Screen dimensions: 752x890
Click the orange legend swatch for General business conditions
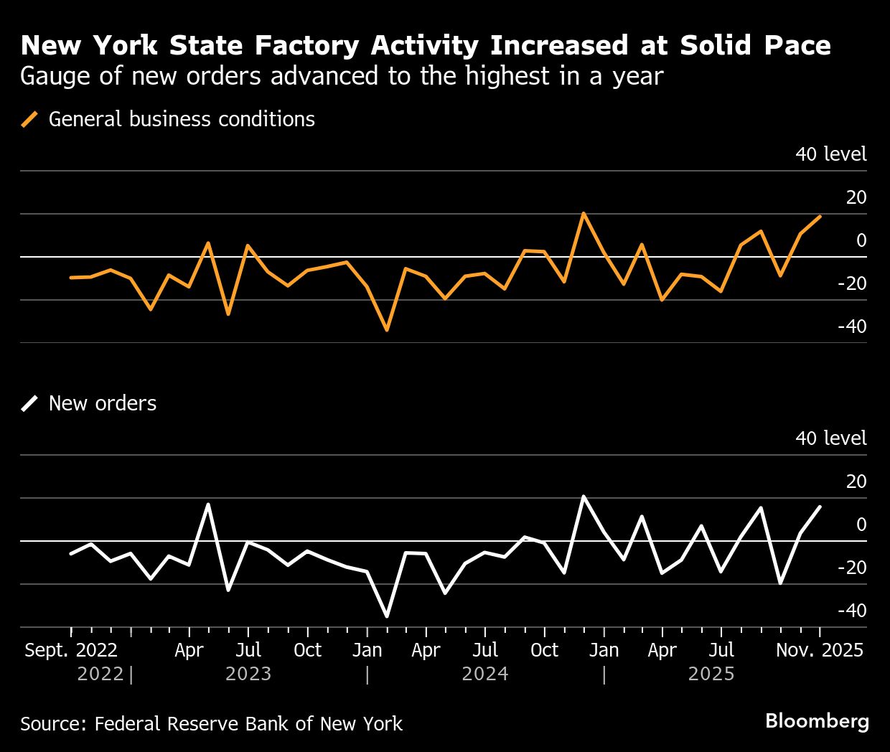(30, 119)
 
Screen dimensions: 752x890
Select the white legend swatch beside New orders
(30, 403)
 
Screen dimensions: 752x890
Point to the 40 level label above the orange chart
(830, 154)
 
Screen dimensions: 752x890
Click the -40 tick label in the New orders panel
(851, 611)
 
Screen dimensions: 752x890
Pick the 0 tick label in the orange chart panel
(861, 240)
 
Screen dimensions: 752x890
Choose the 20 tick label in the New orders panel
(856, 481)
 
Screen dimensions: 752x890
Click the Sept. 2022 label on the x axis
(71, 650)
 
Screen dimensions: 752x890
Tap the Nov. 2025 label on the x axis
(820, 650)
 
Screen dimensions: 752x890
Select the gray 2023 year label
(248, 675)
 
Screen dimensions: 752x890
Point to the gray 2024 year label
(485, 675)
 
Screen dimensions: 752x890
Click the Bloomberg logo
(817, 721)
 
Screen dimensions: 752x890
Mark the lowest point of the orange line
(387, 330)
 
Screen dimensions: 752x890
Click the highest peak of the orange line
(584, 213)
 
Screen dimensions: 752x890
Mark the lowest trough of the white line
(387, 616)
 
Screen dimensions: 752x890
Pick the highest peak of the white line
(584, 497)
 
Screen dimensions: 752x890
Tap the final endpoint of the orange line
(820, 216)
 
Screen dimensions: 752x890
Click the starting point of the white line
(70, 554)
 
